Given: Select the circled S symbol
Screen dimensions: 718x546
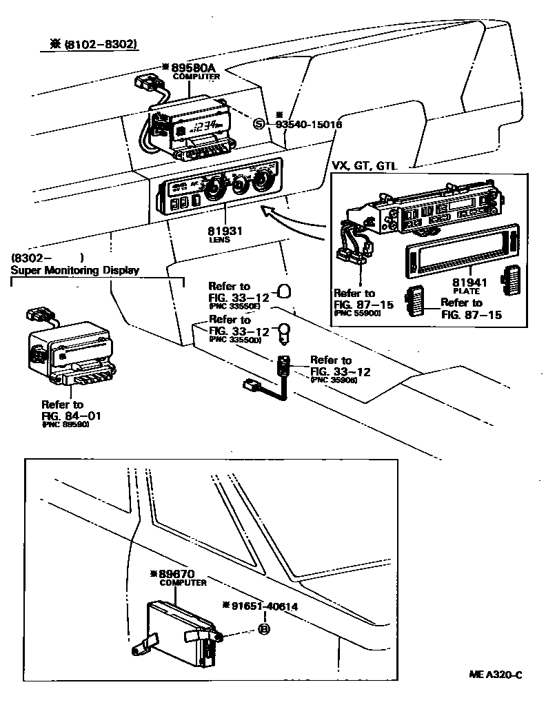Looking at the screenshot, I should pyautogui.click(x=259, y=124).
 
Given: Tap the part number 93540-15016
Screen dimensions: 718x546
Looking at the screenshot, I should pyautogui.click(x=308, y=125).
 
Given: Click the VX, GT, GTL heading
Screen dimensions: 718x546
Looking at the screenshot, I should pyautogui.click(x=369, y=166).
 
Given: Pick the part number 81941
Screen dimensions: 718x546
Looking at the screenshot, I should pyautogui.click(x=470, y=282).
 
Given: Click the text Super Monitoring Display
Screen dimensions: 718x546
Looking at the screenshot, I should pyautogui.click(x=74, y=270).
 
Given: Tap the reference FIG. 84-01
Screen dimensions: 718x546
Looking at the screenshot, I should pyautogui.click(x=66, y=415).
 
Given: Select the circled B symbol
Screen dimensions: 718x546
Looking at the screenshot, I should pyautogui.click(x=263, y=628).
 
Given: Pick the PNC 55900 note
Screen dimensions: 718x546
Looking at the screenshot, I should pyautogui.click(x=356, y=313).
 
